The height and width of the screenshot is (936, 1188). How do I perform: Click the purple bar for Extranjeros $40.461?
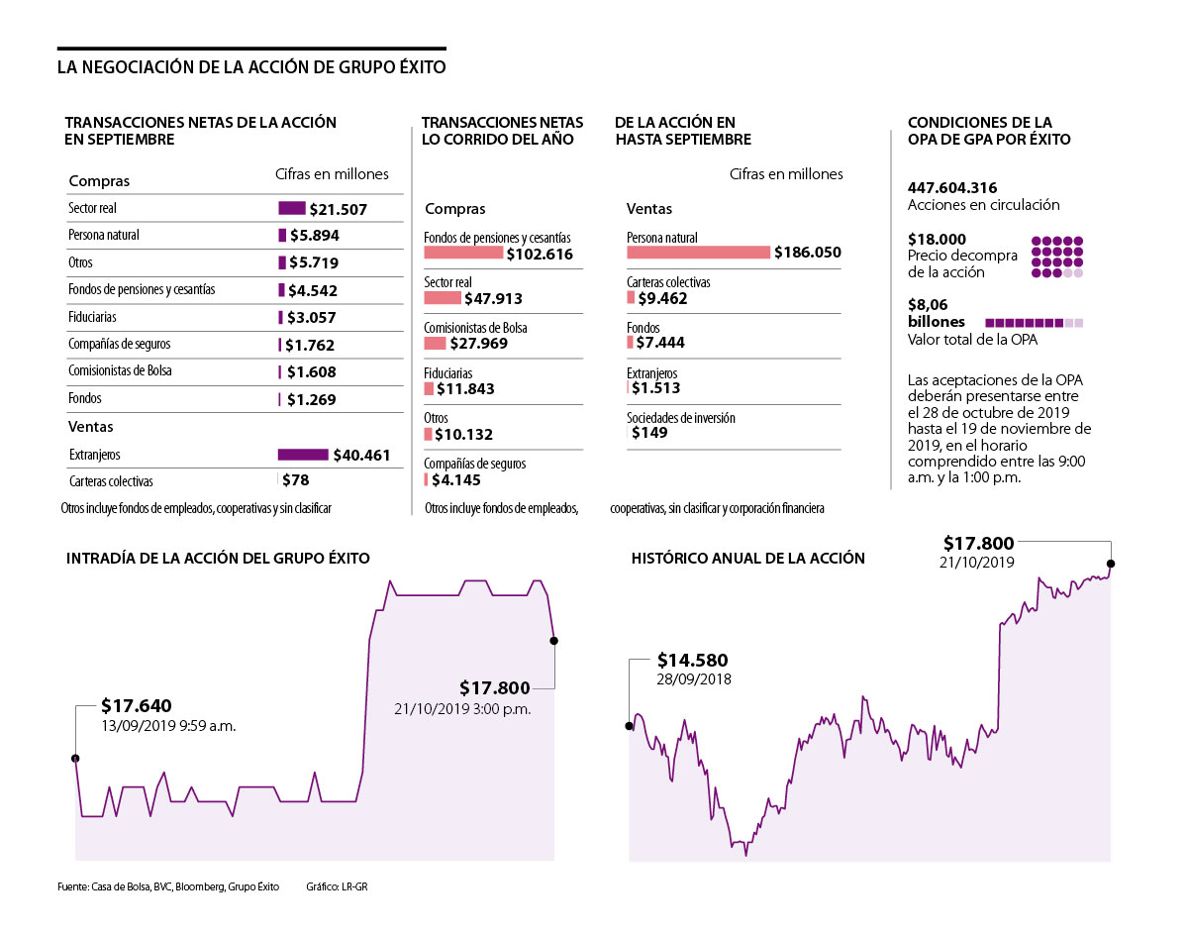click(302, 455)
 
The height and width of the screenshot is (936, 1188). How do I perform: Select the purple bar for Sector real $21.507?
click(292, 209)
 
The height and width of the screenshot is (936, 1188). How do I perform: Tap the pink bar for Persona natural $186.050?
click(698, 253)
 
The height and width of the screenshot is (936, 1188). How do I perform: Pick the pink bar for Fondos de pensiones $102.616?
click(463, 253)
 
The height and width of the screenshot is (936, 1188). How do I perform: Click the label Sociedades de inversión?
click(681, 418)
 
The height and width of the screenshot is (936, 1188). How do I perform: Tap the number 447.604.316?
click(952, 188)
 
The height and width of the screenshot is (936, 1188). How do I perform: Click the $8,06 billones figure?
click(937, 314)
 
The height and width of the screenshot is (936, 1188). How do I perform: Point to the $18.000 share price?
click(937, 240)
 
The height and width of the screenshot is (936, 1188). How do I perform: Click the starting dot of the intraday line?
click(75, 759)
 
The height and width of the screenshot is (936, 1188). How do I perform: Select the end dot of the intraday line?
click(553, 641)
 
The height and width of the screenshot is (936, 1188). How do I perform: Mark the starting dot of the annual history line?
click(630, 726)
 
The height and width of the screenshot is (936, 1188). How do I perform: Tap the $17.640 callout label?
click(137, 706)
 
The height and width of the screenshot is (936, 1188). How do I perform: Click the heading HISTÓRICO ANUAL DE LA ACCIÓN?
click(747, 559)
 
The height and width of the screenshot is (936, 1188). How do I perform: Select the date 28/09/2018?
click(694, 680)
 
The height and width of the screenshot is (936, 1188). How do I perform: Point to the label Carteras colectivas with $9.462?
click(668, 282)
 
